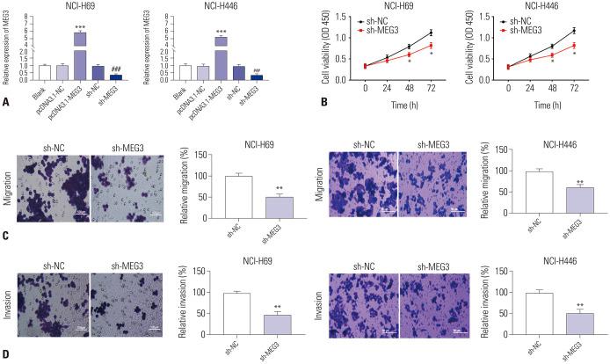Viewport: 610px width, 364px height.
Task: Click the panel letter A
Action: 7,102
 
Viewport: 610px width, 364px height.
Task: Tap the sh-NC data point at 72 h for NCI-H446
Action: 574,31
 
